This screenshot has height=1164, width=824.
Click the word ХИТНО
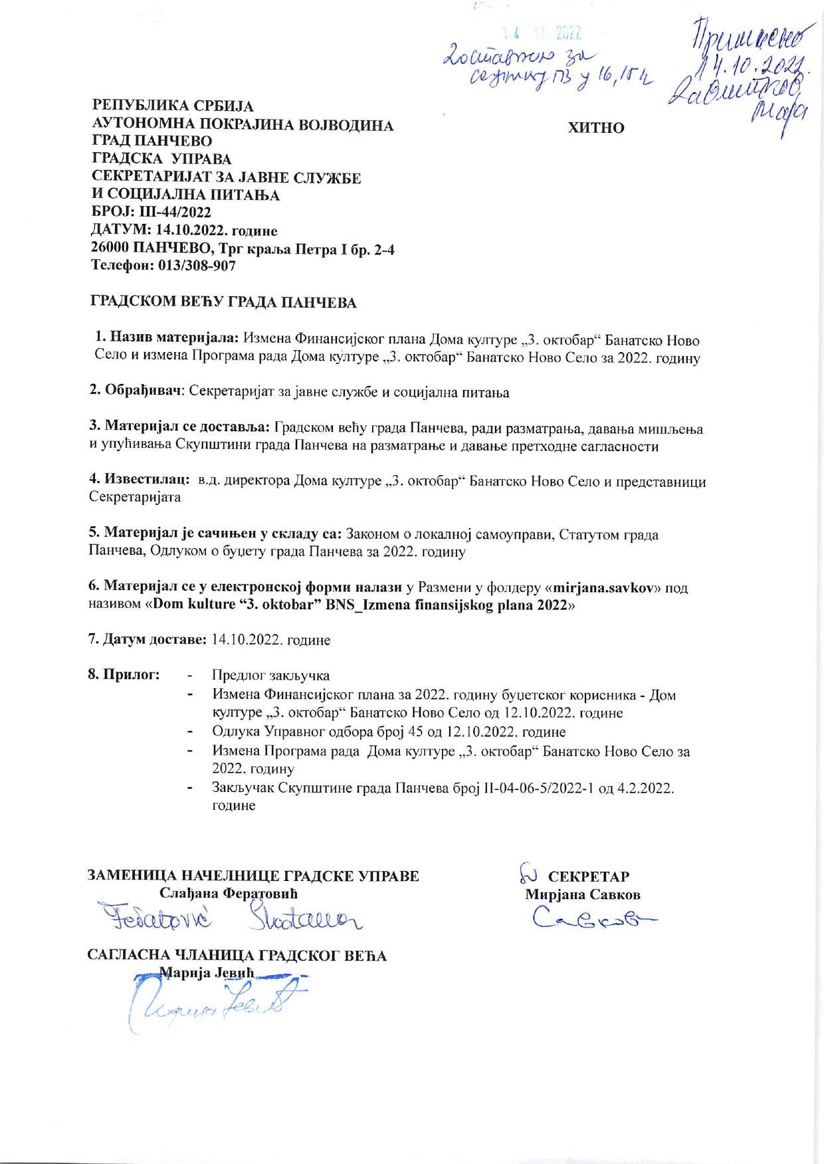click(x=596, y=128)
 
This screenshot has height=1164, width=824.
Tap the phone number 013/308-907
click(x=197, y=266)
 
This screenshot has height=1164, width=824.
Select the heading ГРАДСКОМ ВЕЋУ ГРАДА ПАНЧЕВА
click(x=223, y=303)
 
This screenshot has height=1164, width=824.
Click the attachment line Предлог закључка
click(x=270, y=676)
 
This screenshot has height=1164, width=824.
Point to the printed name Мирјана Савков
click(x=583, y=894)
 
